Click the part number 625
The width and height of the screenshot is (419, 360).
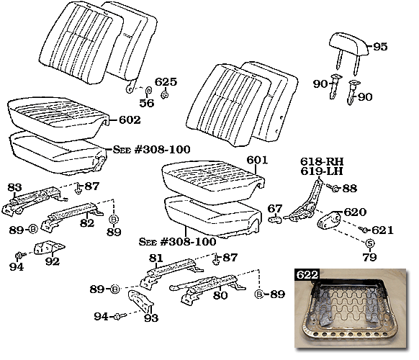coord(166,82)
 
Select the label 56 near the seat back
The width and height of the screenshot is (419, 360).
coord(147,103)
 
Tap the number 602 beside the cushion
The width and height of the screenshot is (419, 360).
coord(129,120)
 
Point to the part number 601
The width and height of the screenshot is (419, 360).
coord(257,160)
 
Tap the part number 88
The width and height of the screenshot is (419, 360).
coord(350,188)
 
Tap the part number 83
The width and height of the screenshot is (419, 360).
coord(15,187)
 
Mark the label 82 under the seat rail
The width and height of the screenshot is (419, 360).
coord(86,224)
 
